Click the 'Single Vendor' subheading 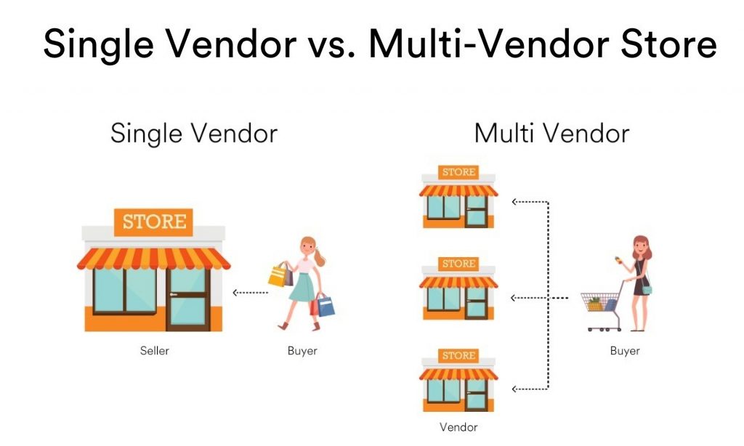coord(193,134)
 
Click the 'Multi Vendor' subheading coord(551,134)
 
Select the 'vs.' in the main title coord(326,45)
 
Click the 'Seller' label coord(154,351)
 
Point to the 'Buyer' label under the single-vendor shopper coord(302,351)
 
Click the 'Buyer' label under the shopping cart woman coord(625,351)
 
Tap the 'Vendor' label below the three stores coord(458,427)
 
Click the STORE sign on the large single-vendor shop coord(153,222)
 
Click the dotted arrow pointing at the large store coord(250,293)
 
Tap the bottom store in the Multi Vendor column coord(458,381)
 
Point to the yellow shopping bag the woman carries coord(278,275)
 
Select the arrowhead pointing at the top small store coord(514,202)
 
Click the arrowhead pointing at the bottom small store coord(514,386)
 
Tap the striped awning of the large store coord(153,259)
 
